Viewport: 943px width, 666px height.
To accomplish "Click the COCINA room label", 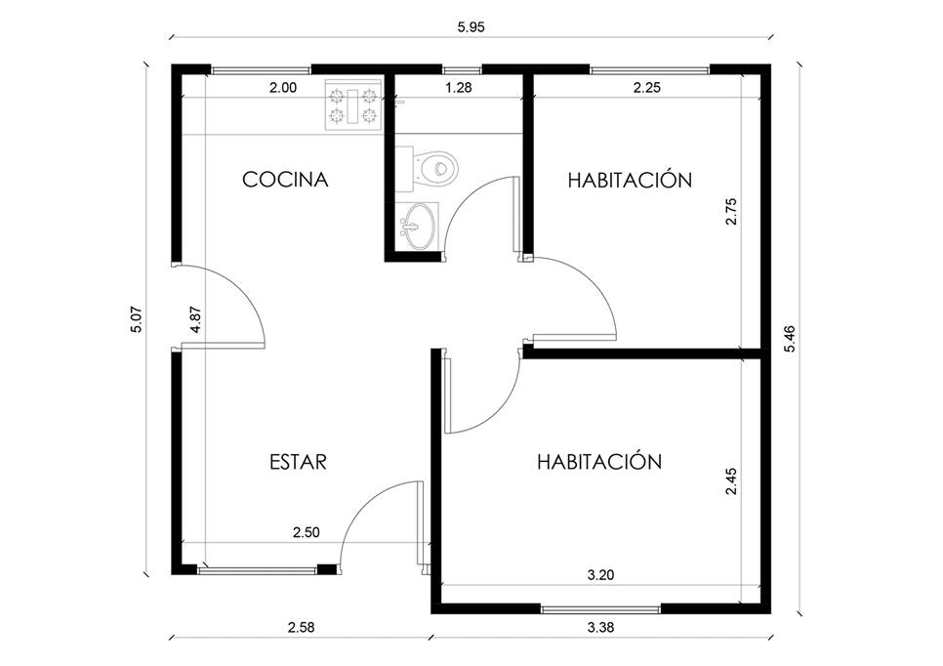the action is pos(285,180).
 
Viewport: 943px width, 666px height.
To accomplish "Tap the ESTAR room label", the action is pos(298,462).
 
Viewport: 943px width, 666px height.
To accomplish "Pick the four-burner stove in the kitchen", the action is pos(353,104).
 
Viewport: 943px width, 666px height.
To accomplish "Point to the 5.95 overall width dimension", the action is pos(471,27).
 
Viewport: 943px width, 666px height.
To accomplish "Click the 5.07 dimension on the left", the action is pos(137,319).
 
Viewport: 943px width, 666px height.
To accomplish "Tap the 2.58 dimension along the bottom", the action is pos(301,628).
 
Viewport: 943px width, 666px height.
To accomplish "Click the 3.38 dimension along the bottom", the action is pos(600,628).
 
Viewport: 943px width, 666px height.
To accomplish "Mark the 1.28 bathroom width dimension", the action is pos(458,88).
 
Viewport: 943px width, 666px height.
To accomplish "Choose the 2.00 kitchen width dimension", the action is pos(283,88).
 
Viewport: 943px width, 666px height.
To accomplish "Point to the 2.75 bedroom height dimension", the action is pos(731,211).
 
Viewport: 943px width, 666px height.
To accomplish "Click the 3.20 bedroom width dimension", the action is pos(600,575).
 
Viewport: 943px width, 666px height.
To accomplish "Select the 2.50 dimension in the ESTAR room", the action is pos(307,532).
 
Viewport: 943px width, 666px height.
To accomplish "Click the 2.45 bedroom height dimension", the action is pos(731,481).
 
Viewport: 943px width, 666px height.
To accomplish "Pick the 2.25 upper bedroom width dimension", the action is pos(647,88).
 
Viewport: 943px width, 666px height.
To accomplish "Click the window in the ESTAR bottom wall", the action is pos(258,569).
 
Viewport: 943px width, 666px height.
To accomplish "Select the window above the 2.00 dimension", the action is pos(261,69).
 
